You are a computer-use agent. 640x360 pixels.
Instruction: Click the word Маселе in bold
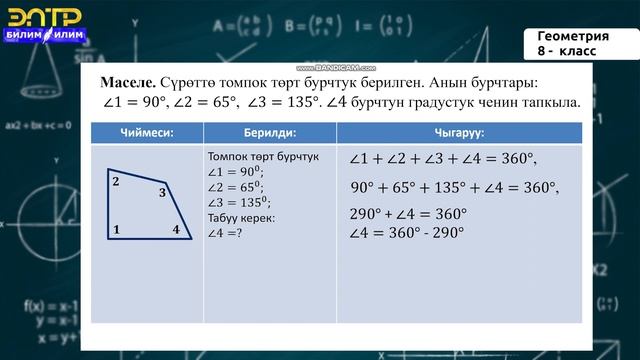pyautogui.click(x=128, y=81)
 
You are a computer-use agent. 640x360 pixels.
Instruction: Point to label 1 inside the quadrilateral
pyautogui.click(x=117, y=230)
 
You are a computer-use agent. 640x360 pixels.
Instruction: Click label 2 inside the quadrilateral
pyautogui.click(x=116, y=182)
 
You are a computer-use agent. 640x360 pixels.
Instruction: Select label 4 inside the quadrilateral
pyautogui.click(x=175, y=230)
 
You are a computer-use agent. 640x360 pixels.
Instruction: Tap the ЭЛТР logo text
pyautogui.click(x=44, y=15)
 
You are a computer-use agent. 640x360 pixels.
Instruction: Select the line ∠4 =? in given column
pyautogui.click(x=225, y=232)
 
